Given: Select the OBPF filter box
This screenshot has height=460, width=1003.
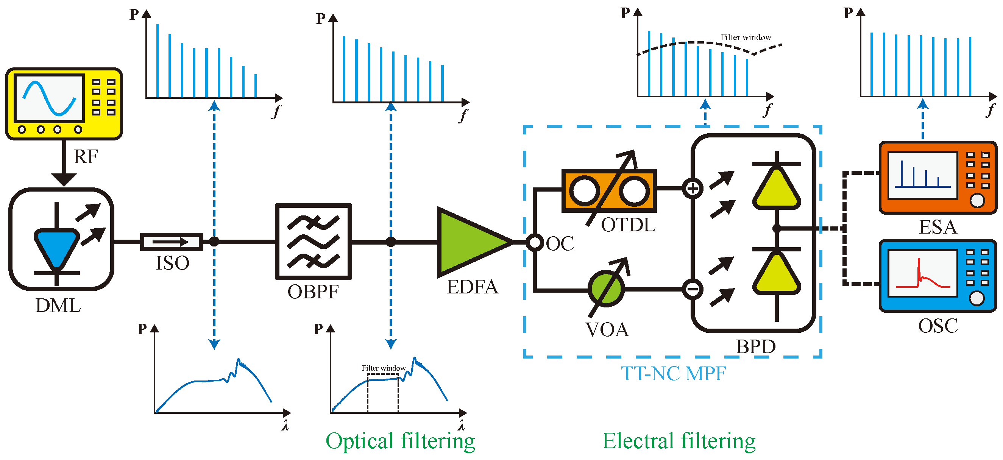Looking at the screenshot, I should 314,242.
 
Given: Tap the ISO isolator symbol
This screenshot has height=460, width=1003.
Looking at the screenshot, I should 171,242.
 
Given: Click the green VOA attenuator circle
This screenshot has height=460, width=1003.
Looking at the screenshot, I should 606,289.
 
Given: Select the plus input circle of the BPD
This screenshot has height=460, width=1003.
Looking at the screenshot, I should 692,189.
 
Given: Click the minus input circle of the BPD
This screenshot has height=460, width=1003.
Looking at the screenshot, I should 692,289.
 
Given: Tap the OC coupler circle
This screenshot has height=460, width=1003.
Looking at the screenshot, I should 535,242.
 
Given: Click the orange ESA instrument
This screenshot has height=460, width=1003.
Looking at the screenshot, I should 937,178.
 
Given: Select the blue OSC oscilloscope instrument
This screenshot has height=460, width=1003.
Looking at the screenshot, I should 937,276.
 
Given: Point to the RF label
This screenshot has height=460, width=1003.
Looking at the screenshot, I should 85,156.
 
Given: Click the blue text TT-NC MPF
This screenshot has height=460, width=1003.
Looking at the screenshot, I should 673,374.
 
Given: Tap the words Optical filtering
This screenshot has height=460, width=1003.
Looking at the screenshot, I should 400,441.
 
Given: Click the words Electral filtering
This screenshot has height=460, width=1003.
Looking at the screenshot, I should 678,441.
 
